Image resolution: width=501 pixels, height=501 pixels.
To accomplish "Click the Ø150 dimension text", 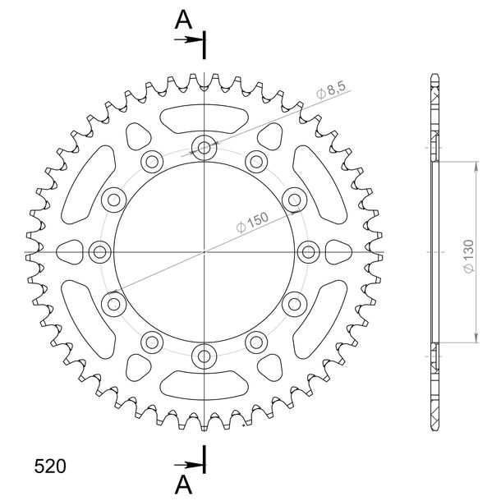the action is pyautogui.click(x=252, y=222).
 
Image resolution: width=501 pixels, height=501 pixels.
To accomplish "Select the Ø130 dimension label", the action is pyautogui.click(x=469, y=256).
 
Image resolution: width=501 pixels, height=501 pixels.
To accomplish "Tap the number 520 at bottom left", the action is pyautogui.click(x=50, y=467).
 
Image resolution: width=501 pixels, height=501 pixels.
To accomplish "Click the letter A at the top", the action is pyautogui.click(x=183, y=20).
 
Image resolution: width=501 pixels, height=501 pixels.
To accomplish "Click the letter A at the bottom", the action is pyautogui.click(x=183, y=485).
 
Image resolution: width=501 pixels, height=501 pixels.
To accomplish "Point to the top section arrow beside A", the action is pyautogui.click(x=189, y=39).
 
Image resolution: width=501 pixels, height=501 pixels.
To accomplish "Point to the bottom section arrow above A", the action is pyautogui.click(x=189, y=465).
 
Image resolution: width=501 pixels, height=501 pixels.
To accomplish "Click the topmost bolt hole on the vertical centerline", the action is pyautogui.click(x=205, y=148).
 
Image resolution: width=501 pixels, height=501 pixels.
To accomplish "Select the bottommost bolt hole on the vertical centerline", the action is pyautogui.click(x=205, y=356).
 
